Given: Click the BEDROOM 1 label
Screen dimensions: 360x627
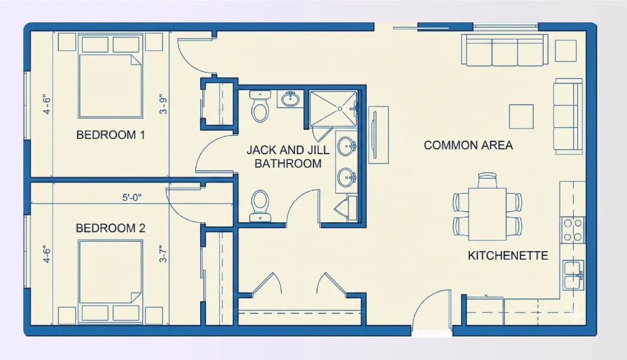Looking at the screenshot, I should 110,135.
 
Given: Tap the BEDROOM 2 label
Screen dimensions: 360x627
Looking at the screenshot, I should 110,228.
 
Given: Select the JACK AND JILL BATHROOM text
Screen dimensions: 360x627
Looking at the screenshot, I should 288,157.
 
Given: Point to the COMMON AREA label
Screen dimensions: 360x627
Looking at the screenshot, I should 468,146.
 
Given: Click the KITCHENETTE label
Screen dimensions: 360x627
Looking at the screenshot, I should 508,255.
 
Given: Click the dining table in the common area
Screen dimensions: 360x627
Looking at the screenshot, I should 487,214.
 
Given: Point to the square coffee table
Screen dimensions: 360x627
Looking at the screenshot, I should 521,116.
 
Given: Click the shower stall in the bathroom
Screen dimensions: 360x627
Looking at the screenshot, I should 332,108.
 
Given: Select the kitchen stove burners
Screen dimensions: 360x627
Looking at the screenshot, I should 573,230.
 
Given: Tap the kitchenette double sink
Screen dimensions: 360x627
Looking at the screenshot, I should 573,273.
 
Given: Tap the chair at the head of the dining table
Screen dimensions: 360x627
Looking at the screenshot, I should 487,179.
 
